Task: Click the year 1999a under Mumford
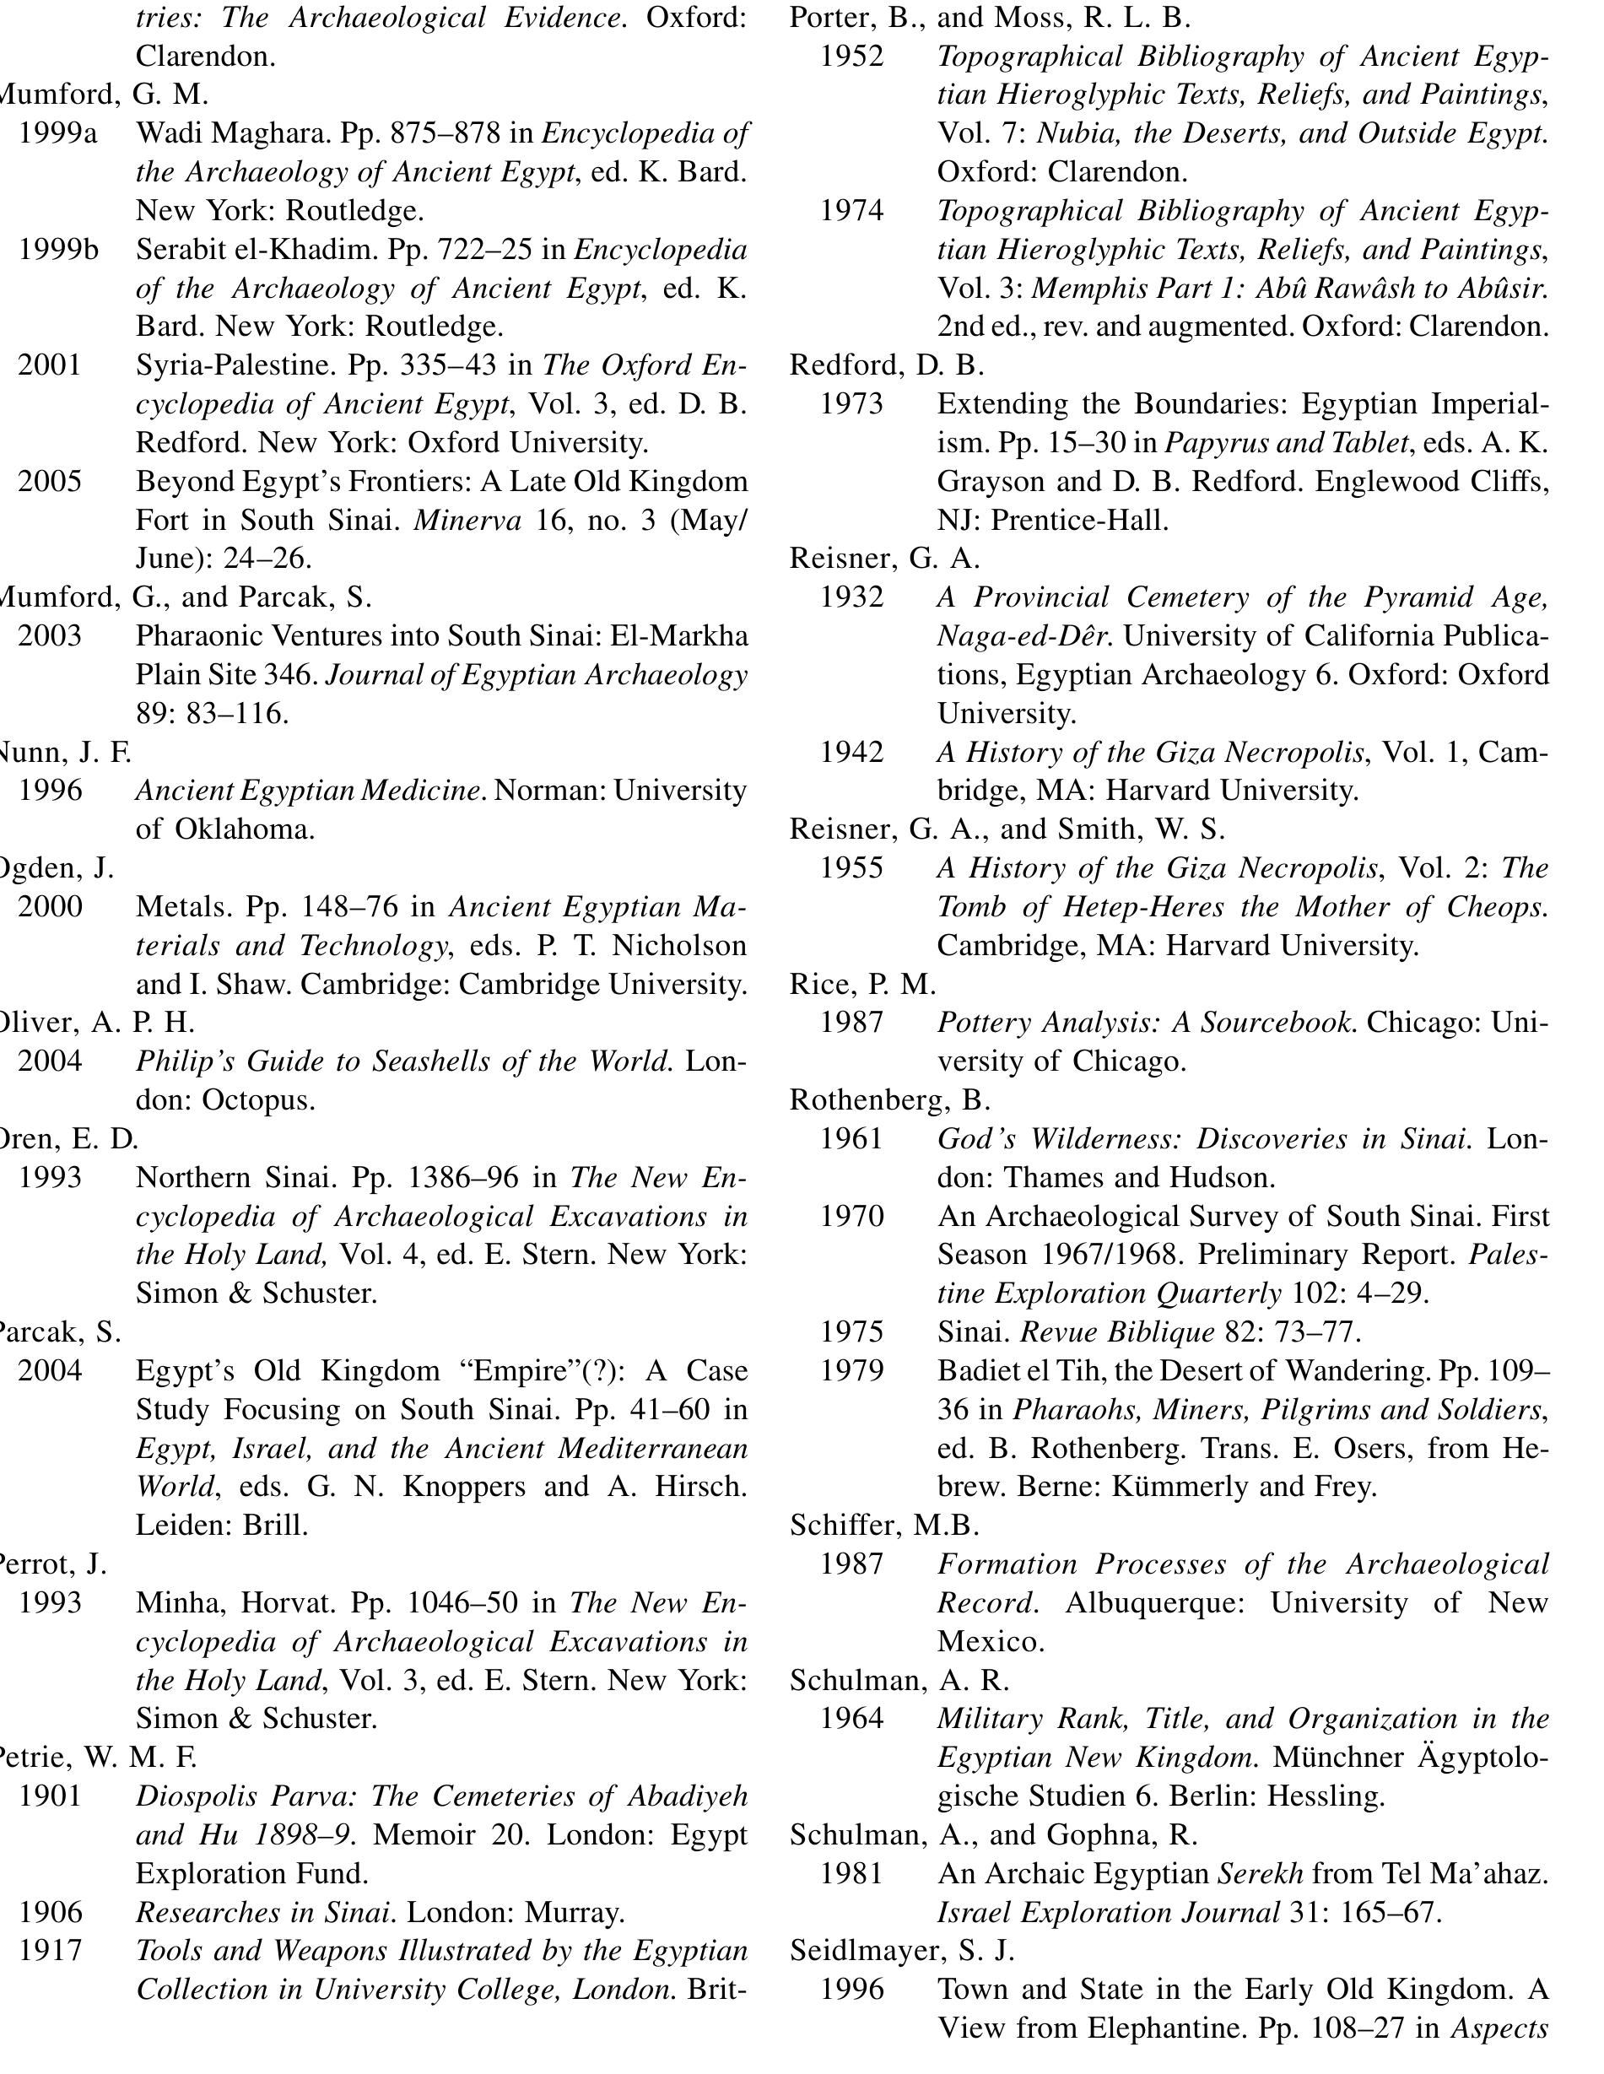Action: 58,134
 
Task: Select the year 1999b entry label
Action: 58,250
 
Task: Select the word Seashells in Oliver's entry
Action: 431,1061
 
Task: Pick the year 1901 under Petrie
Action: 51,1796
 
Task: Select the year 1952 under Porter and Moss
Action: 852,56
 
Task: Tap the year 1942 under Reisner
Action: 852,752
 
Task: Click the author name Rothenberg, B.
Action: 890,1099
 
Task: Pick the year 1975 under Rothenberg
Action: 852,1331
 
